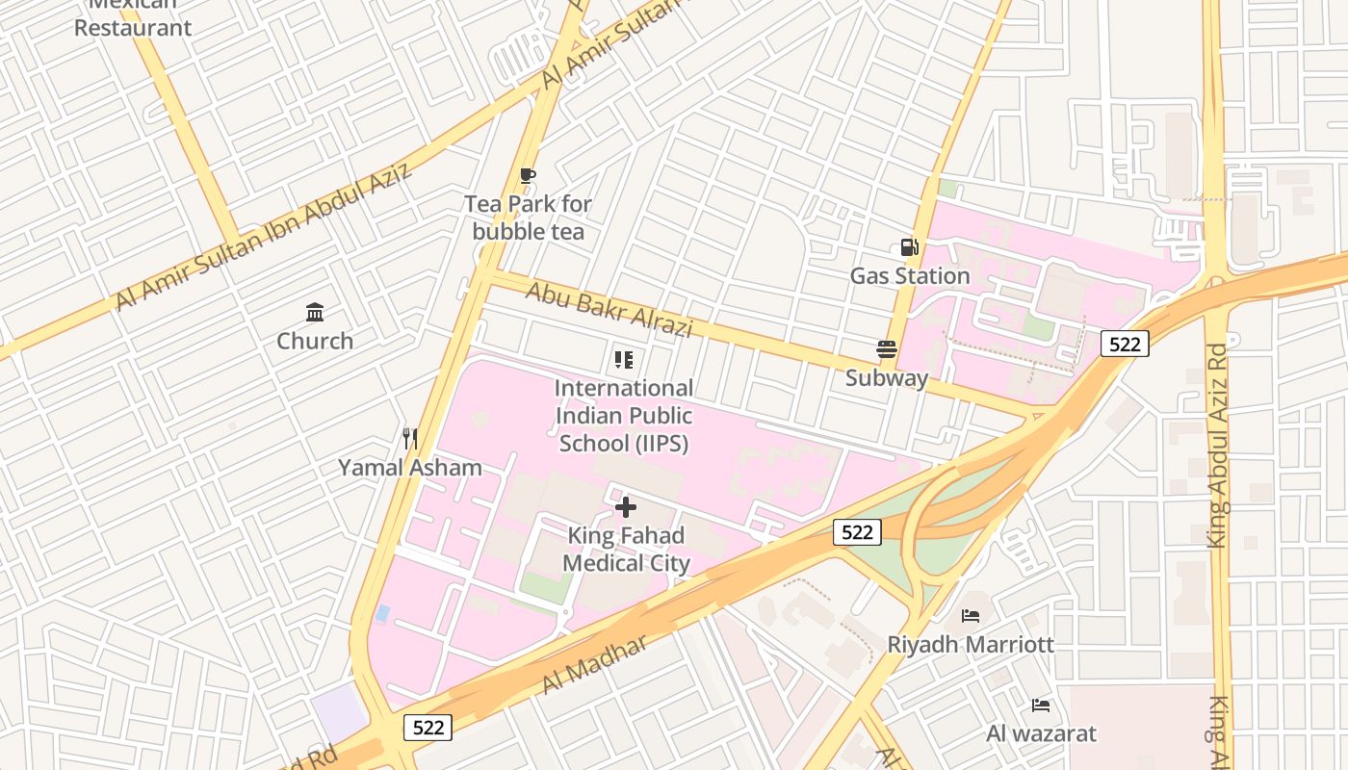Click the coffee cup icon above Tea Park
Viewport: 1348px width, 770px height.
[528, 175]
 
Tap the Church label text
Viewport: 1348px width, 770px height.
[315, 341]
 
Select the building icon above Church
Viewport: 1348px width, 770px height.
[315, 312]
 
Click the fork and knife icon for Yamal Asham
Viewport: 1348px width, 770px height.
[410, 439]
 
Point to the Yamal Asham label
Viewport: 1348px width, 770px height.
[409, 468]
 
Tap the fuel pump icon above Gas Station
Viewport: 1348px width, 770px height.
[909, 247]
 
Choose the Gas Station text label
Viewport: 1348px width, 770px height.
[909, 276]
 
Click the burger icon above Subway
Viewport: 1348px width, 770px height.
[887, 349]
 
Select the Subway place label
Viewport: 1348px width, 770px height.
[887, 378]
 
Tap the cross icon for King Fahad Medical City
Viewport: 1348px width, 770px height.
[626, 506]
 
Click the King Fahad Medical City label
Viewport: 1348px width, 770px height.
[626, 550]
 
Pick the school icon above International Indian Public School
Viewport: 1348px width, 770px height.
[624, 360]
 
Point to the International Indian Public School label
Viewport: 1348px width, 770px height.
[624, 416]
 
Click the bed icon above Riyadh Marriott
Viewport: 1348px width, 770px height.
[971, 615]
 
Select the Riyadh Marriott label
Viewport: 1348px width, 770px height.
[971, 644]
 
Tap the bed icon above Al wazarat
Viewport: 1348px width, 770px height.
[1041, 706]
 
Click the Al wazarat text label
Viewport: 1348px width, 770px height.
[1041, 733]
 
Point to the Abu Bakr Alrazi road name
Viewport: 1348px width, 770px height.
[609, 309]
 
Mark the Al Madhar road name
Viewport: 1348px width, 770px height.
[595, 665]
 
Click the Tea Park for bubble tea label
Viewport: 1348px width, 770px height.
[528, 218]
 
